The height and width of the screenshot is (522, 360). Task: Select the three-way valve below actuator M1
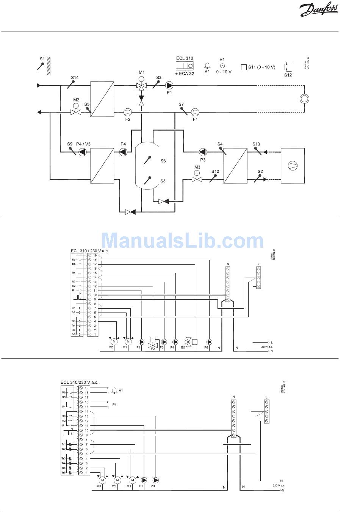[141, 86]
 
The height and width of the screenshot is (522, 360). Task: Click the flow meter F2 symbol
[127, 112]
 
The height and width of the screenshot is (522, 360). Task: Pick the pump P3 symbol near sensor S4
[203, 152]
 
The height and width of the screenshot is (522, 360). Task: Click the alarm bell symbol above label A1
[207, 65]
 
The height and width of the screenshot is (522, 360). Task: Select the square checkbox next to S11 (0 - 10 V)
[244, 67]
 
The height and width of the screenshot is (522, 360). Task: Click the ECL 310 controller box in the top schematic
[185, 66]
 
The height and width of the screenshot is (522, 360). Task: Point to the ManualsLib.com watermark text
[183, 241]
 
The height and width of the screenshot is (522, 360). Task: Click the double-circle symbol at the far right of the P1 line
[304, 99]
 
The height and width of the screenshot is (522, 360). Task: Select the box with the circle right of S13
[293, 166]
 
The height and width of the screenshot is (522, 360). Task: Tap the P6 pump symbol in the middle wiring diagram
[209, 342]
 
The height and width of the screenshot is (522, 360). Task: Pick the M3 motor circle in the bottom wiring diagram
[102, 480]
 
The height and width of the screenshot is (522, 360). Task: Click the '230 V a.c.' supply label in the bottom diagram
[279, 485]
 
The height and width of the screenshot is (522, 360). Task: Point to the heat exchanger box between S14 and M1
[102, 99]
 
